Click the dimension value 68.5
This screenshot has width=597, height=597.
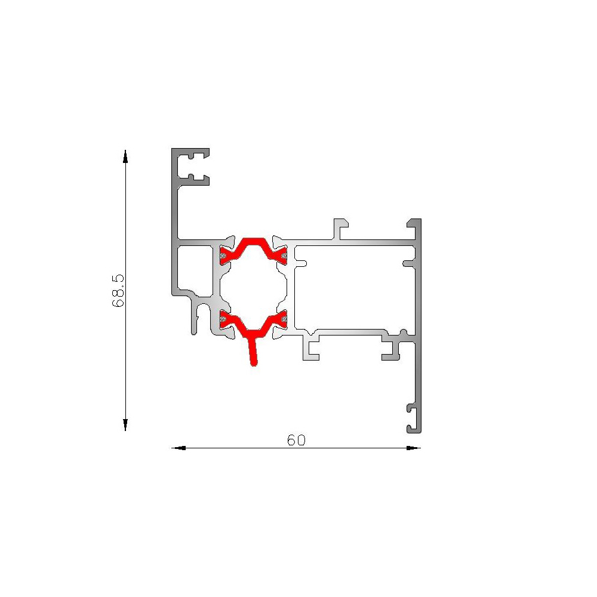pyautogui.click(x=118, y=290)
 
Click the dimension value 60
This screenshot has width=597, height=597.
pyautogui.click(x=296, y=440)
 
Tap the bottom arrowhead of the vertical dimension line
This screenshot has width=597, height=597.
pyautogui.click(x=125, y=424)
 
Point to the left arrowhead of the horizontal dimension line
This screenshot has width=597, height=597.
pyautogui.click(x=179, y=448)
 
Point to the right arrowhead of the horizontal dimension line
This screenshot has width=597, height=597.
pyautogui.click(x=414, y=448)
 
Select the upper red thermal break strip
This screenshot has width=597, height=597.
pyautogui.click(x=253, y=250)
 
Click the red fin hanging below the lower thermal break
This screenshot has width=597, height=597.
pyautogui.click(x=253, y=352)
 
